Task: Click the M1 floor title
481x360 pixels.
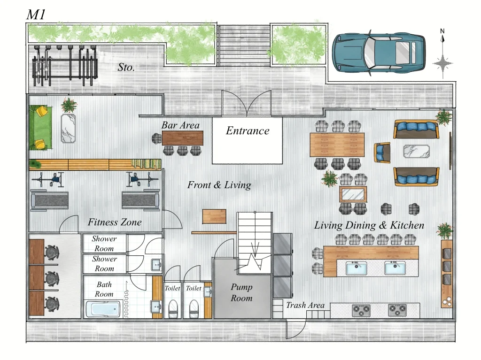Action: click(36, 15)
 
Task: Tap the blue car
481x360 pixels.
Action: click(379, 53)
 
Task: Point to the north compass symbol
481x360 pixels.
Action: click(442, 54)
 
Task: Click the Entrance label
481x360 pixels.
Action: click(248, 130)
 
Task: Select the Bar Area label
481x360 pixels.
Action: click(180, 125)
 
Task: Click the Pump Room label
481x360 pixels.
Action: click(242, 292)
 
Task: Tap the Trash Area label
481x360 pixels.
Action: click(305, 305)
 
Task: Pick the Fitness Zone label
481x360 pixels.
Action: click(115, 222)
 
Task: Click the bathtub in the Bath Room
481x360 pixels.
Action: click(103, 309)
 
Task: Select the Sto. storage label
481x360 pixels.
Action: click(126, 67)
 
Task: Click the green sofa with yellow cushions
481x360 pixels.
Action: click(40, 128)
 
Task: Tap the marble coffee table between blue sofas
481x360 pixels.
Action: click(416, 152)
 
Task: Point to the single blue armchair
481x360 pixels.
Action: click(382, 153)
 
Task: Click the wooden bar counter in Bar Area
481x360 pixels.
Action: click(183, 138)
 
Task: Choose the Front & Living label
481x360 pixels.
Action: click(219, 185)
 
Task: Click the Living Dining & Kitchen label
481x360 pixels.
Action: click(369, 225)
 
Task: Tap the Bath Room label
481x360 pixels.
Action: click(104, 289)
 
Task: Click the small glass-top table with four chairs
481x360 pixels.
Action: click(353, 194)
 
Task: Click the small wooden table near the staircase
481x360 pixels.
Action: click(214, 216)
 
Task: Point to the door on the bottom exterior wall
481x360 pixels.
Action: click(296, 329)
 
